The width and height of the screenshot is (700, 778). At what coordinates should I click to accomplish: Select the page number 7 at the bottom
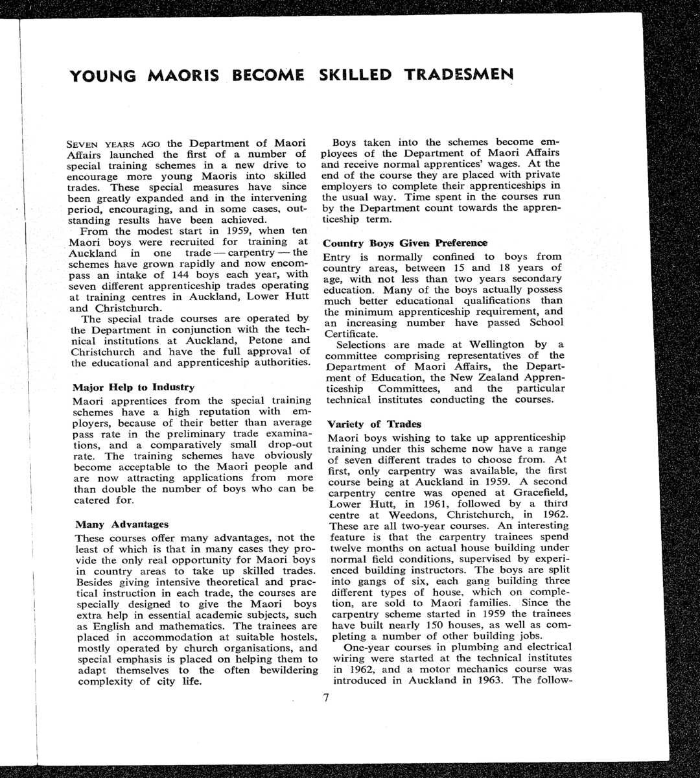(326, 698)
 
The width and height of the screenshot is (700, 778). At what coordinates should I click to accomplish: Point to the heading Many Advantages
(122, 524)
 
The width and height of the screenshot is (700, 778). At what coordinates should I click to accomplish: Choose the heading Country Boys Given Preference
(405, 243)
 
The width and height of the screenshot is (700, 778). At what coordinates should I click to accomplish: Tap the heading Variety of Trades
(374, 424)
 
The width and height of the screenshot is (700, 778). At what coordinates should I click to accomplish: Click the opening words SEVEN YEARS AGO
(114, 143)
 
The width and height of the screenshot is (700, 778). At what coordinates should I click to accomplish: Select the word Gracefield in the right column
(523, 492)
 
